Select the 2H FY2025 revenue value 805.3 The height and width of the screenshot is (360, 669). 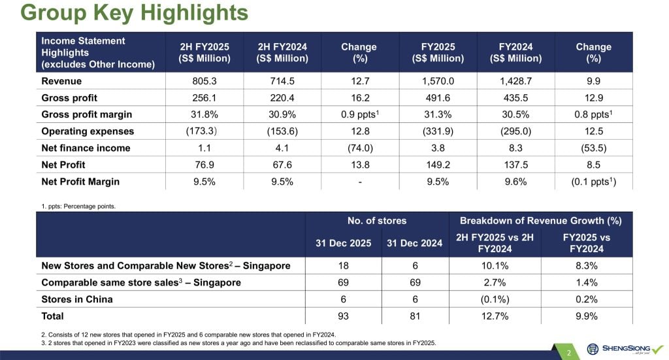point(205,81)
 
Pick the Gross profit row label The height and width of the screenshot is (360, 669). point(69,98)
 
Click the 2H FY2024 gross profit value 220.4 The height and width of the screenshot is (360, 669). point(282,98)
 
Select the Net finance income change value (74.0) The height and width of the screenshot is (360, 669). point(359,148)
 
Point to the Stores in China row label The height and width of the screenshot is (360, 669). point(76,300)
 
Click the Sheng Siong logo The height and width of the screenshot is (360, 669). point(624,349)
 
